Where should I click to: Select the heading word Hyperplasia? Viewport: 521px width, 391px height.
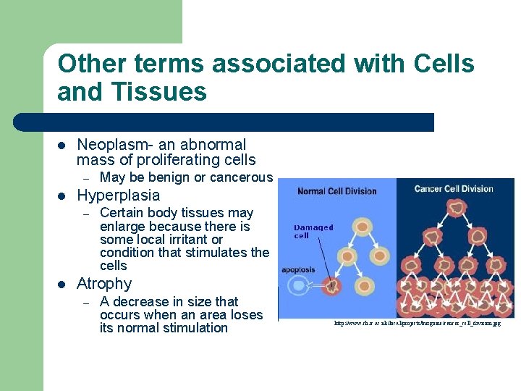[x=118, y=195]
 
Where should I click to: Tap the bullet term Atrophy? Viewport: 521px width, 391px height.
[x=104, y=284]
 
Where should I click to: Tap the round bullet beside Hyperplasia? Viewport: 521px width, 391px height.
[x=62, y=196]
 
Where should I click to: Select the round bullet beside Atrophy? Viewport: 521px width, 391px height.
[x=62, y=285]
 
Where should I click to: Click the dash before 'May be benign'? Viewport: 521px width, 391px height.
[x=85, y=178]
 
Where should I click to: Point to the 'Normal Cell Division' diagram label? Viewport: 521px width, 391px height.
[x=337, y=191]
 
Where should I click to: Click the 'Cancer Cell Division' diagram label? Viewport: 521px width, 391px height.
[x=454, y=189]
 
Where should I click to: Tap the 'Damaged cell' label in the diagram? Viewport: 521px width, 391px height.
[x=313, y=231]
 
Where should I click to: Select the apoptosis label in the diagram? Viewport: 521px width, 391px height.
[x=298, y=270]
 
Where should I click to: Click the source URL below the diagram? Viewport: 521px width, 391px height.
[x=416, y=324]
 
